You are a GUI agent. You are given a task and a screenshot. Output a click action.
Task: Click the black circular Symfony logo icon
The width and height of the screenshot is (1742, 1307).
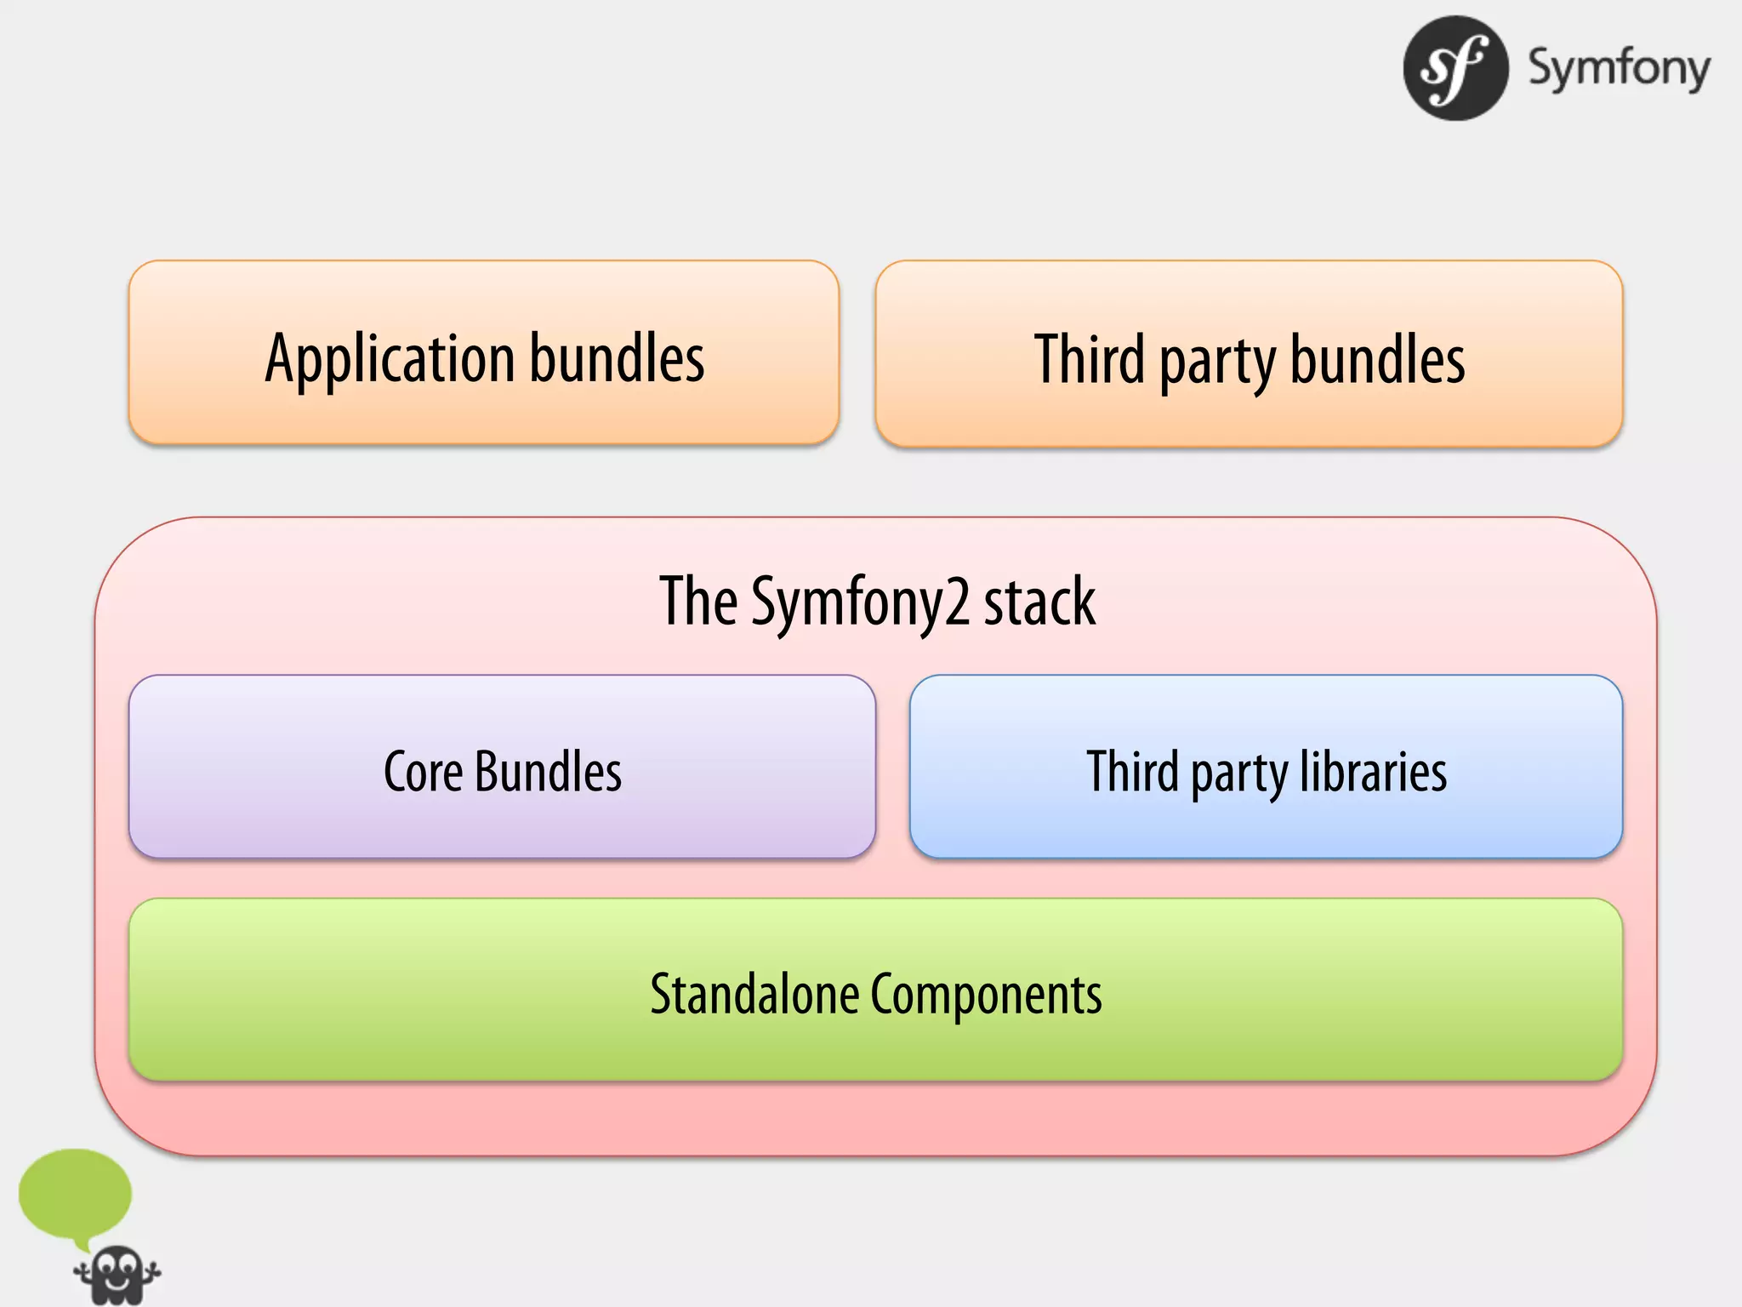(1455, 68)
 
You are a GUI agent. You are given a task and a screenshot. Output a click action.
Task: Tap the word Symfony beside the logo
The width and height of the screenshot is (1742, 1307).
(1619, 68)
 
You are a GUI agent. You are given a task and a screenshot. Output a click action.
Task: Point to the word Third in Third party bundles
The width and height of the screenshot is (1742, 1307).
(1090, 359)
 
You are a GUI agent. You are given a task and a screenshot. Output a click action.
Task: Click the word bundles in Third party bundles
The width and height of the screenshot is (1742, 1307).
(1378, 359)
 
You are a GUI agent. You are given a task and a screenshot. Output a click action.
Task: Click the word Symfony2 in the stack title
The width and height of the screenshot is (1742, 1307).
(860, 602)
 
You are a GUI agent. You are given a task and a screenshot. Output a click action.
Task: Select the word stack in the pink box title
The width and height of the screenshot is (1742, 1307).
(1039, 601)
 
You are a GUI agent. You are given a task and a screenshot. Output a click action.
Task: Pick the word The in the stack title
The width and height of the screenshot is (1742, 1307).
(698, 601)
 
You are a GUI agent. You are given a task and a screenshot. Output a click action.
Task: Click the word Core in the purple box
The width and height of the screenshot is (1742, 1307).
(423, 772)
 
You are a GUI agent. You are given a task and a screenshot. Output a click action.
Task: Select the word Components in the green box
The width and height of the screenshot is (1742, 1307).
(986, 995)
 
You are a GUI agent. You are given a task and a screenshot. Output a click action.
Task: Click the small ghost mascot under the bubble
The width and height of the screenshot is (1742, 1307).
(117, 1275)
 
